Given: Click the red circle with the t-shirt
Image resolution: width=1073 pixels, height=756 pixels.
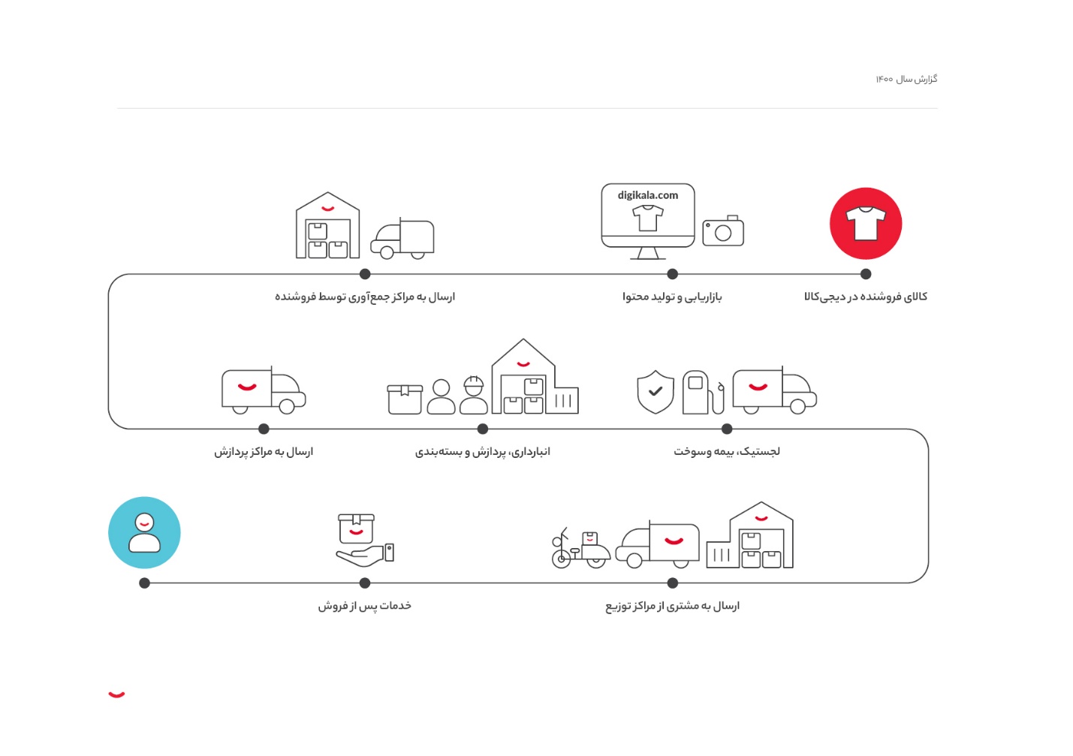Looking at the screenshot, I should [865, 224].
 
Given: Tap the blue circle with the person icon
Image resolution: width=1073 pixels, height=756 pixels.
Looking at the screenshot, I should [144, 532].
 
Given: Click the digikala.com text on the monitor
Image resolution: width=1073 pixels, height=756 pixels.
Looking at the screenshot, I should [647, 195].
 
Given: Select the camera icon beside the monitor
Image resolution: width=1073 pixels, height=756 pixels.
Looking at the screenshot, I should [722, 231].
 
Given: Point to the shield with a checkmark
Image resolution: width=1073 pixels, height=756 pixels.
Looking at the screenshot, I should [655, 391].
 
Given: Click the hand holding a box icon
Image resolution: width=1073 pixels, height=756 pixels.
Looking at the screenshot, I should [365, 540].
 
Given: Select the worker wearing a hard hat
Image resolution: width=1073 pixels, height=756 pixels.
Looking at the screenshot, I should [473, 396].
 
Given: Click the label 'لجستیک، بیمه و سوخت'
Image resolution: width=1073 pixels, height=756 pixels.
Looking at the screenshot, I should [726, 451].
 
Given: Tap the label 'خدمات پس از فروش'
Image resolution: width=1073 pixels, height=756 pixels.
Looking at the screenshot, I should [364, 606].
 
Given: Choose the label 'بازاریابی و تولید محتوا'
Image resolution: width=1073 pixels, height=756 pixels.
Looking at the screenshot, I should [672, 297].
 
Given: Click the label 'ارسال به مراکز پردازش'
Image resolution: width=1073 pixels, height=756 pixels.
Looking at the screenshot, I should [264, 451].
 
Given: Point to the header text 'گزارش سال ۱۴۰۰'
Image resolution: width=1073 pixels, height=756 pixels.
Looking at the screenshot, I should [906, 79].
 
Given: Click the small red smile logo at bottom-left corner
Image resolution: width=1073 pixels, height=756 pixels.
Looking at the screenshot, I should [116, 694].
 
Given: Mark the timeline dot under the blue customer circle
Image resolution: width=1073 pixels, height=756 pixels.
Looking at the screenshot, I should [145, 583].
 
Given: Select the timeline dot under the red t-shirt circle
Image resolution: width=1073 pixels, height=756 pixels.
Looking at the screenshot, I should [866, 274].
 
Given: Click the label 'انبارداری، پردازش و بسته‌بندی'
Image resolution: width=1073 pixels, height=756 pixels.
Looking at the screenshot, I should [483, 451].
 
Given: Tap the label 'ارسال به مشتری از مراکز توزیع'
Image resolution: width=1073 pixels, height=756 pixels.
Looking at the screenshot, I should [672, 606].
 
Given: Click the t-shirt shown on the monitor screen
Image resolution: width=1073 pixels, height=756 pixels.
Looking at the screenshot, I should [647, 218].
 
